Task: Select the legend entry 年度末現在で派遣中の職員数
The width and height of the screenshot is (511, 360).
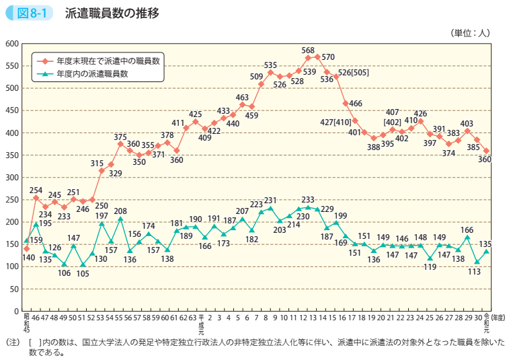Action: click(x=108, y=61)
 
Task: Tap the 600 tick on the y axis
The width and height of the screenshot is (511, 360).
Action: click(x=11, y=44)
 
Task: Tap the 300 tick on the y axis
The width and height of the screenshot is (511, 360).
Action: click(x=11, y=178)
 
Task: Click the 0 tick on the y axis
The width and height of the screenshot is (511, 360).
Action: click(x=15, y=312)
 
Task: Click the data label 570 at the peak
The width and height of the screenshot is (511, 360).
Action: click(x=328, y=57)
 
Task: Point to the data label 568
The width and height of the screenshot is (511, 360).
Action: click(x=308, y=50)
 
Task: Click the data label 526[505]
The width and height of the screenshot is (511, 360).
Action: click(x=353, y=73)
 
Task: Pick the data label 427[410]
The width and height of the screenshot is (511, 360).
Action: click(x=336, y=122)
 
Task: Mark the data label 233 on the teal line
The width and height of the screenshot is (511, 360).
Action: click(x=308, y=200)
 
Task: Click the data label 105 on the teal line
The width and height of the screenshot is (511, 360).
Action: click(x=83, y=274)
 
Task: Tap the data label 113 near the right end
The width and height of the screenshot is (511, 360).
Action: click(x=475, y=272)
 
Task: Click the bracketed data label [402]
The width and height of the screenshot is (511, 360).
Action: click(x=393, y=122)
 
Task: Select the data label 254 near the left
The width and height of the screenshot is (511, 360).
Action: click(x=36, y=190)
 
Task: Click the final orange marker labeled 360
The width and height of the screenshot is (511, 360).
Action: click(x=486, y=151)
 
